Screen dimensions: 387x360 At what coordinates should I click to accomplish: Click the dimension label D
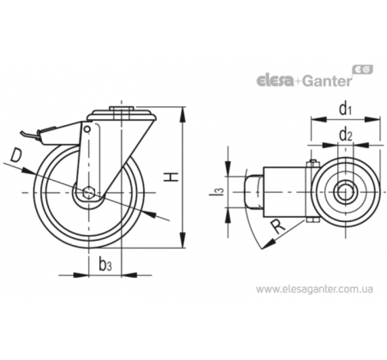coord(16,156)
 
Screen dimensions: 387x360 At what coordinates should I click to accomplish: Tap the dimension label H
coord(170,177)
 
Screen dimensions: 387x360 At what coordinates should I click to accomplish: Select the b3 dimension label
coord(105,263)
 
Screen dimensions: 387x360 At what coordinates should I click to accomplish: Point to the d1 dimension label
coord(345,109)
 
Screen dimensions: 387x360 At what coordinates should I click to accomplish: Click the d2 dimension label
coord(345,135)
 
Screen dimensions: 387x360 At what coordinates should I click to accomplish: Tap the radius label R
coord(277,226)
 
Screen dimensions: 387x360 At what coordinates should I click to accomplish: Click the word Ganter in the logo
coord(327,81)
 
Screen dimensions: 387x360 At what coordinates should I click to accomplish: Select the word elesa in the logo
coord(275,81)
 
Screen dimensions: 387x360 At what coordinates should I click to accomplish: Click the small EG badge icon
coord(363,69)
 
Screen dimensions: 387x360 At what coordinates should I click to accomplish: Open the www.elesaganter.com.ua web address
coord(314,289)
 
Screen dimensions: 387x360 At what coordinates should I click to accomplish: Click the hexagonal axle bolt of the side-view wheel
coord(89,192)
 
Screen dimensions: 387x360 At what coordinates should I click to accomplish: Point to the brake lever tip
coord(22,133)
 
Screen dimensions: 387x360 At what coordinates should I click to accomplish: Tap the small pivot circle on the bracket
coord(87,129)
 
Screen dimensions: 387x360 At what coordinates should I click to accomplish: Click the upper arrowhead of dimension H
coord(182,114)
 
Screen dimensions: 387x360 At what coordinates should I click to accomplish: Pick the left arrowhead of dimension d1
coord(318,119)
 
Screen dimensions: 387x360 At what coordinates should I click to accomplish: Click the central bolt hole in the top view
coord(345,192)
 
